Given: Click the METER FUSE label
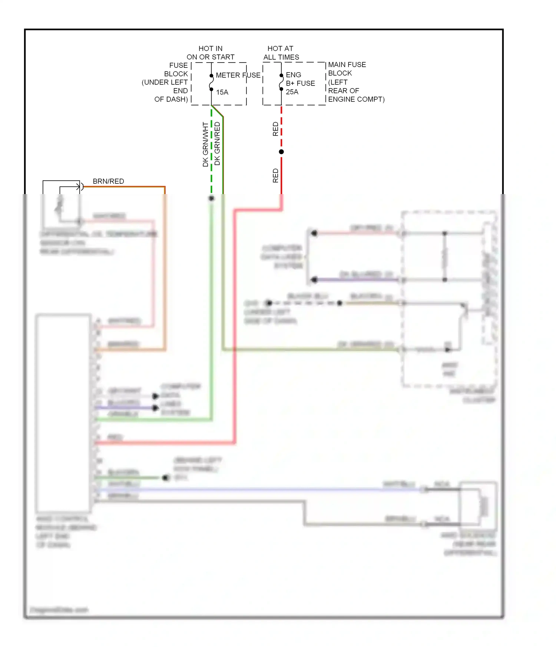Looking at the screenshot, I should tap(238, 75).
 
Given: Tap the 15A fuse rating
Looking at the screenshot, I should tap(222, 92).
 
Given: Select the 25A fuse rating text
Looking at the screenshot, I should tap(292, 92).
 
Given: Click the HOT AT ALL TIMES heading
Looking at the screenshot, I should tap(281, 53).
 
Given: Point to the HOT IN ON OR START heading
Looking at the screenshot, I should tap(211, 53).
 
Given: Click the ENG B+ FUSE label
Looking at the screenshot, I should tap(300, 79).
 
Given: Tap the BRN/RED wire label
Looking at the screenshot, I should tap(108, 181).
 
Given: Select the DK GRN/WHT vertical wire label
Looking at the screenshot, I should tap(205, 144).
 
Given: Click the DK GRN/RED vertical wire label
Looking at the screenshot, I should tap(217, 144).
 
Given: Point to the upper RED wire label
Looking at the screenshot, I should tap(275, 129).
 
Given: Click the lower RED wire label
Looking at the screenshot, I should tap(275, 176).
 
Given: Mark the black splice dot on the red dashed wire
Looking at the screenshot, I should tap(281, 152).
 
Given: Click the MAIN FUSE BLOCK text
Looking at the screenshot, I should tap(347, 69).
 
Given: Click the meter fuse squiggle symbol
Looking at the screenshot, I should tap(211, 82).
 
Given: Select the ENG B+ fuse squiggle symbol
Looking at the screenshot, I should tap(281, 82).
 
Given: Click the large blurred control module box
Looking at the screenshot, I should tap(63, 413).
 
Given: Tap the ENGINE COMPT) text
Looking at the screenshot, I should tap(356, 99).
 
